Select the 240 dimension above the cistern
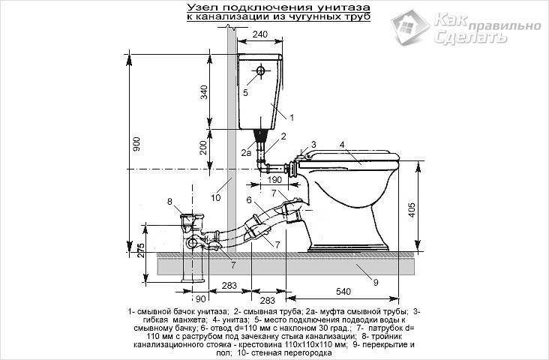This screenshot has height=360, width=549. (x=260, y=34)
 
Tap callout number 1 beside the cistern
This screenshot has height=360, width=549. (x=291, y=117)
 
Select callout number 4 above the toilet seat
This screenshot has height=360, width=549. (x=341, y=143)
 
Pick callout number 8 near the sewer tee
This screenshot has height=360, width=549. (x=169, y=201)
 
